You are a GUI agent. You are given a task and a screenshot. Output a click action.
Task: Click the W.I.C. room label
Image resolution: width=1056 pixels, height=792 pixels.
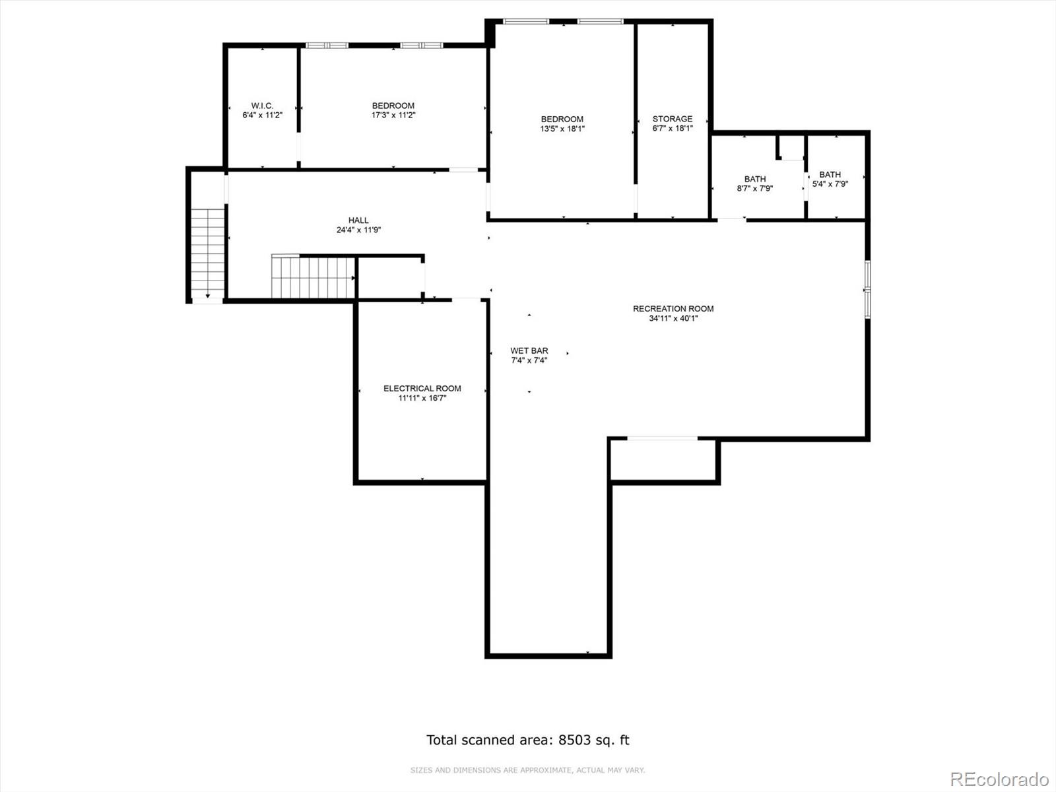tap(262, 106)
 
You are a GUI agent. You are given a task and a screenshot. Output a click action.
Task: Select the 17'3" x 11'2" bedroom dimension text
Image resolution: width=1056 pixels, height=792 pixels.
tap(393, 115)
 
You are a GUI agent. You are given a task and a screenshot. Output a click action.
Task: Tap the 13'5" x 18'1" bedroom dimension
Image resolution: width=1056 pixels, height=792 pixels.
tap(562, 129)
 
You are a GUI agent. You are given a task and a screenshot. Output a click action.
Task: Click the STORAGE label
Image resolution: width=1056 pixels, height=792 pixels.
tap(673, 119)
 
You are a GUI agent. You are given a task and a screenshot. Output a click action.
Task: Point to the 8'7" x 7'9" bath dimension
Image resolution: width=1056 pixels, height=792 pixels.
tap(755, 189)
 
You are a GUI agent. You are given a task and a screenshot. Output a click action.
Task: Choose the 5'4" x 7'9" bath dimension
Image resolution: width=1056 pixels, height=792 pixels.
tap(830, 184)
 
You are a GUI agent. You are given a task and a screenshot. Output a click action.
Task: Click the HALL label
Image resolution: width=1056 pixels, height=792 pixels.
tap(358, 220)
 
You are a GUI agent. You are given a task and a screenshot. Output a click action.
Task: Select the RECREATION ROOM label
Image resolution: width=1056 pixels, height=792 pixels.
tap(673, 308)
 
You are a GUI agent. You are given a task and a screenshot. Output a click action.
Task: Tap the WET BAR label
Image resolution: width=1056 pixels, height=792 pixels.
tap(529, 350)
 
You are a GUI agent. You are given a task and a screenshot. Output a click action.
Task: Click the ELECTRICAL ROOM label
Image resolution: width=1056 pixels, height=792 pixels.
tap(422, 388)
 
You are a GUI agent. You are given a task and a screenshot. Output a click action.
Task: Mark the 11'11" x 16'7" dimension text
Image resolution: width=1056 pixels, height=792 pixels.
tap(422, 398)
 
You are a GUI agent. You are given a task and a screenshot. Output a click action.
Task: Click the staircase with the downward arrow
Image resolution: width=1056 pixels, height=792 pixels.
tap(208, 254)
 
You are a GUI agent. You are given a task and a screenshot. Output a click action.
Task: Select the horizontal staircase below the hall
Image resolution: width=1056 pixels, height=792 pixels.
tap(313, 278)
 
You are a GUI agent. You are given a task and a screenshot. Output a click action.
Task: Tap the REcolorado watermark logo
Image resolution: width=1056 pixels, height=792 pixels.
tap(999, 779)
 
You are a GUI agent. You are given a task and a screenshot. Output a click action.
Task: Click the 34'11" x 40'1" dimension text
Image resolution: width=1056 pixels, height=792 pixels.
tap(673, 318)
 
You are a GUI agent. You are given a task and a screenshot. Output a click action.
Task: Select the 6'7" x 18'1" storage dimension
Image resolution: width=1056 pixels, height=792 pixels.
tap(673, 129)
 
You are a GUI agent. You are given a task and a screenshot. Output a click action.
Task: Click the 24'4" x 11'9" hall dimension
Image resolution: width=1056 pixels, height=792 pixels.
tap(358, 230)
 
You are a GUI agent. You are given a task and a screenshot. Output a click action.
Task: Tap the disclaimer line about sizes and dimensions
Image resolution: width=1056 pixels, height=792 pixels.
tap(527, 770)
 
